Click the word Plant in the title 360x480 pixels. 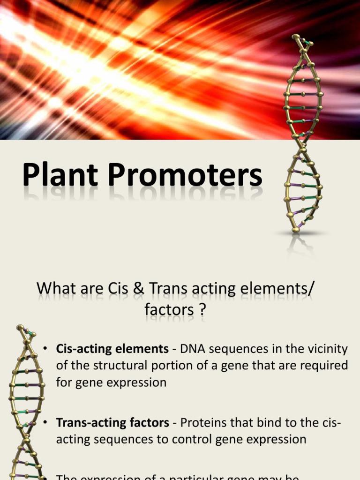(60, 175)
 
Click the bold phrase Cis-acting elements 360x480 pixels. (112, 349)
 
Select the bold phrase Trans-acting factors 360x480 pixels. (112, 423)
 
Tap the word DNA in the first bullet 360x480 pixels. (193, 349)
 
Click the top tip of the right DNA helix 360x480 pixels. (295, 37)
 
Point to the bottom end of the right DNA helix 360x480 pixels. (296, 230)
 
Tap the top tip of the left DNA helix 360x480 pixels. (20, 328)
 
